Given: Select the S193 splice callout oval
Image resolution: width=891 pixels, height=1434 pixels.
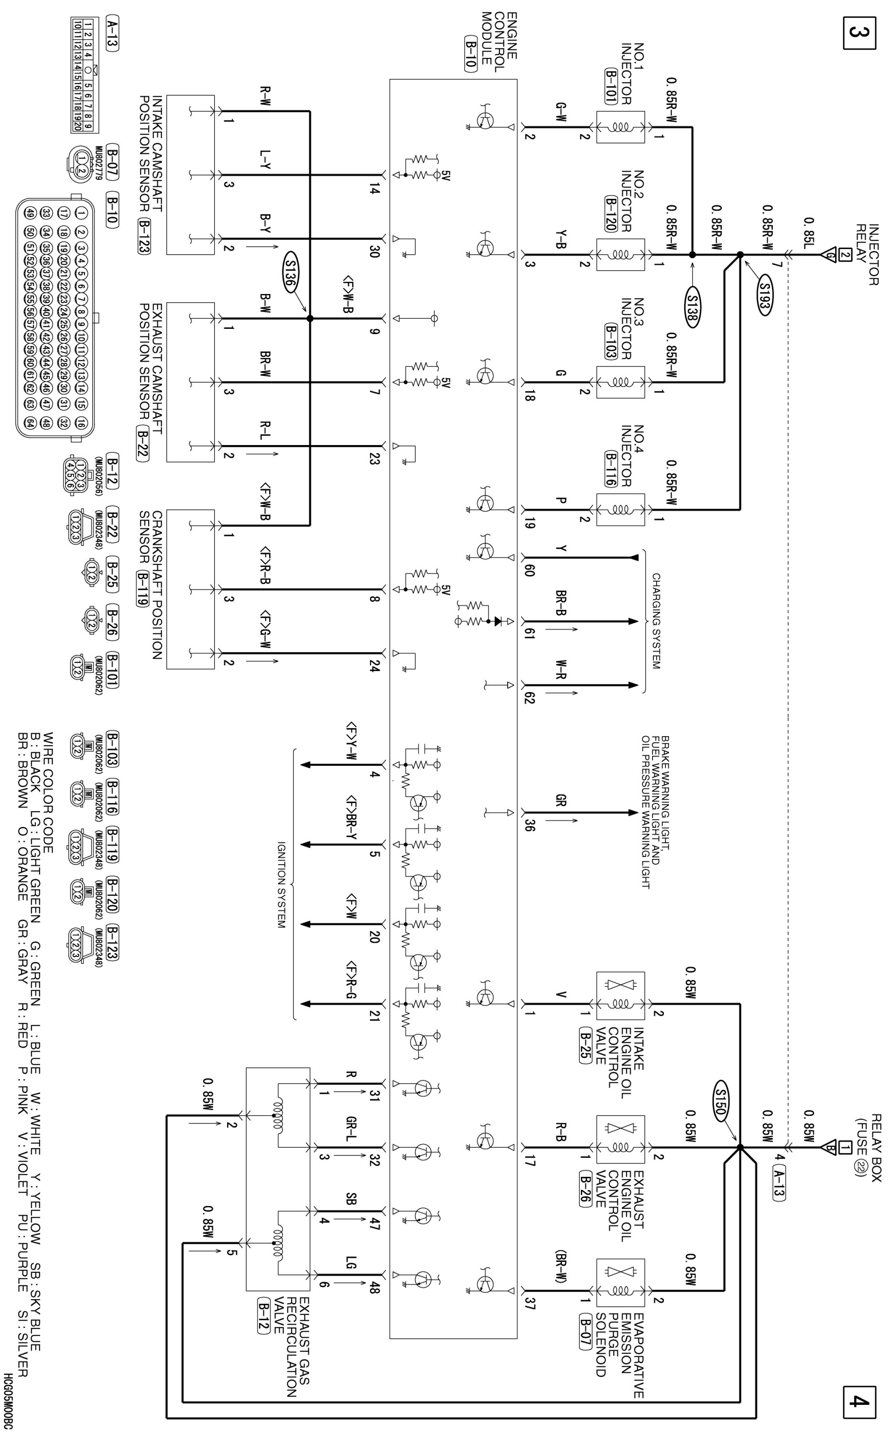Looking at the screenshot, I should pyautogui.click(x=764, y=298).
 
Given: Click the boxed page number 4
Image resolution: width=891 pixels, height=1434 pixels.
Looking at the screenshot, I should pyautogui.click(x=858, y=1401).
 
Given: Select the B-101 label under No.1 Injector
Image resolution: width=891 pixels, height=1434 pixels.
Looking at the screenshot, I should pyautogui.click(x=610, y=87).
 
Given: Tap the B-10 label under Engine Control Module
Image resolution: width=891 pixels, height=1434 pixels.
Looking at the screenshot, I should pyautogui.click(x=470, y=55).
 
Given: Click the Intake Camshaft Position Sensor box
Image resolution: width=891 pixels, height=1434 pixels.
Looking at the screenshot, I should pyautogui.click(x=190, y=174).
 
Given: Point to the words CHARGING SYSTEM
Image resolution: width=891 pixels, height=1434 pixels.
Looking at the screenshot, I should pyautogui.click(x=656, y=621).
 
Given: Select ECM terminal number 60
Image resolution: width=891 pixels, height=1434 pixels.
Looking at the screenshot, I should pyautogui.click(x=529, y=570).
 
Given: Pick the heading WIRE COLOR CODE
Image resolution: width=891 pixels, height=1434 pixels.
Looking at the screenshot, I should pyautogui.click(x=48, y=793).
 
